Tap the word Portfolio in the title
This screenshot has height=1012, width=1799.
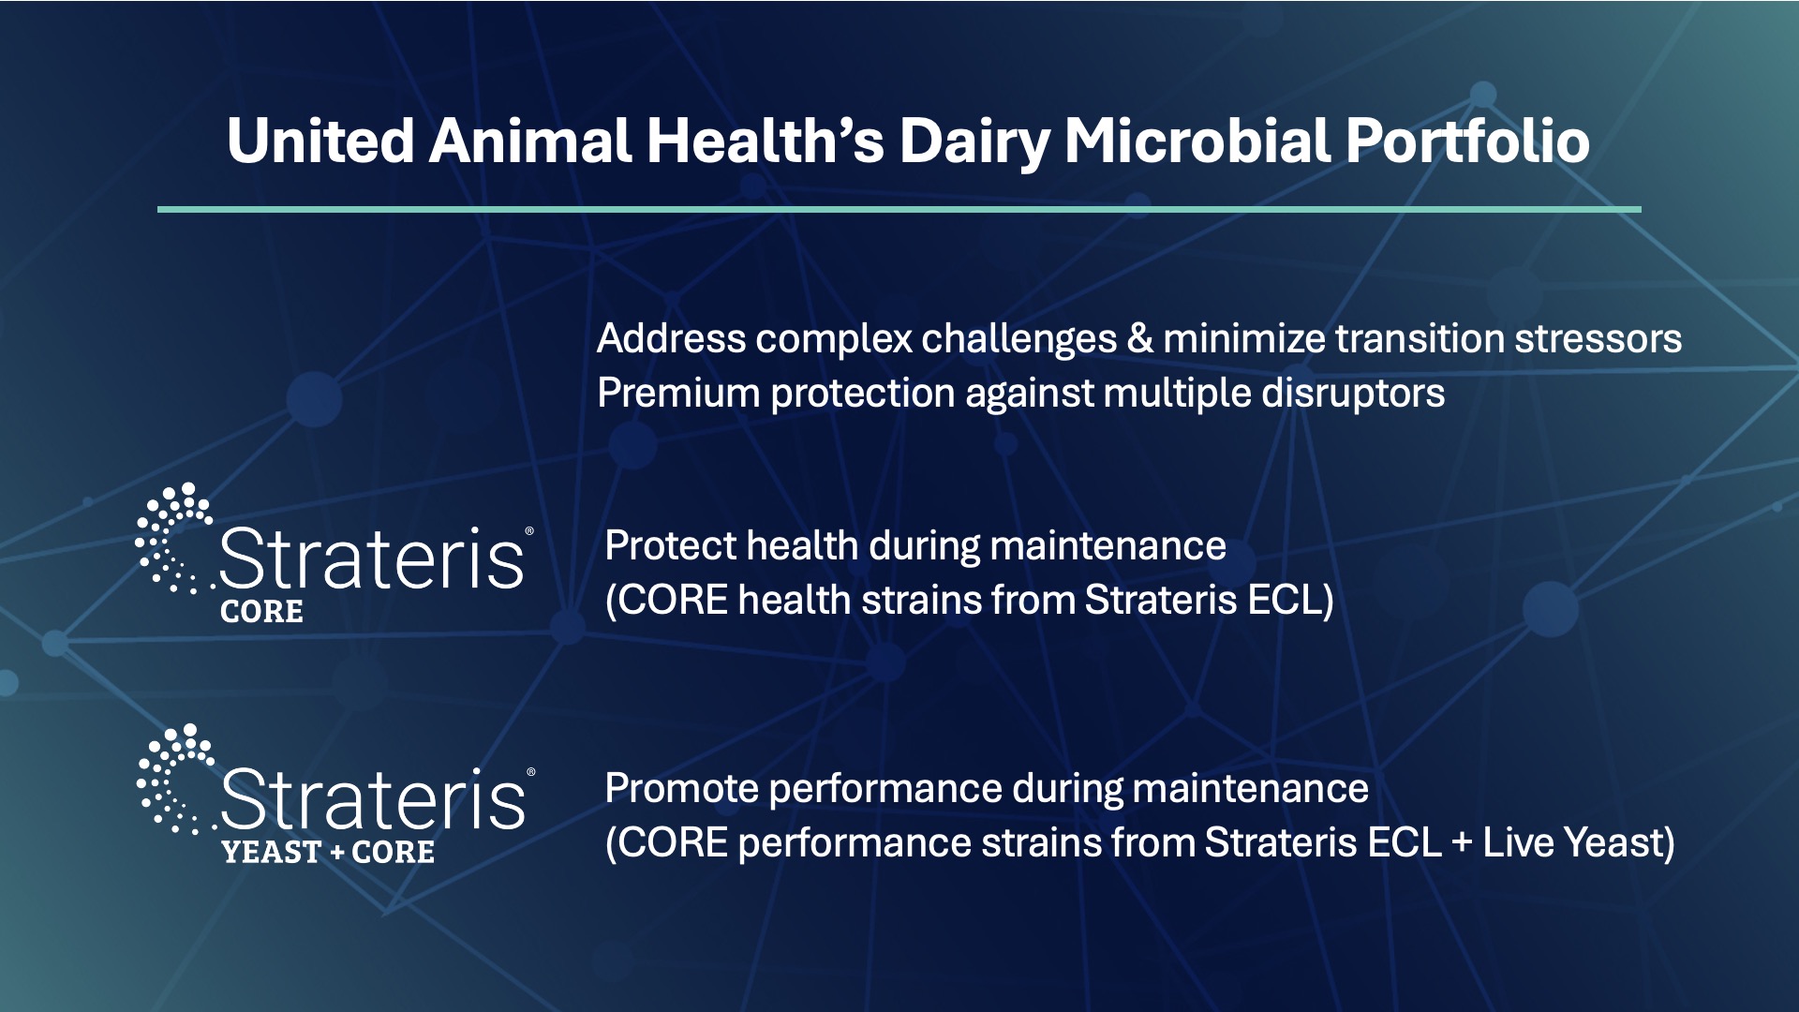tap(1468, 141)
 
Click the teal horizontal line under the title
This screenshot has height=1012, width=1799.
tap(899, 209)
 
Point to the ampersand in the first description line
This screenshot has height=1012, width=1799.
tap(1140, 338)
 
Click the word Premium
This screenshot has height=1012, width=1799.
tap(677, 393)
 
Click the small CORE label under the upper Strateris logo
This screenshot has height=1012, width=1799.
tap(261, 612)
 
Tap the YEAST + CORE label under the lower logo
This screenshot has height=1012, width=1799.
tap(328, 852)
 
